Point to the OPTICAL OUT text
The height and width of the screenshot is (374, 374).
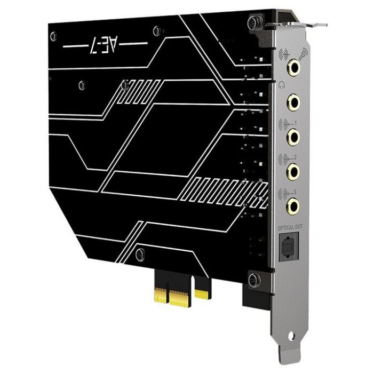tap(289, 228)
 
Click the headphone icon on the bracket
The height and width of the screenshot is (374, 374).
tap(281, 84)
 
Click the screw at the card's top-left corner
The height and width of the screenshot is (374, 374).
tap(53, 36)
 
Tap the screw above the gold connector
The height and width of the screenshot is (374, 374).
tap(140, 253)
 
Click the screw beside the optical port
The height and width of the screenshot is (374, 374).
tap(254, 278)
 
